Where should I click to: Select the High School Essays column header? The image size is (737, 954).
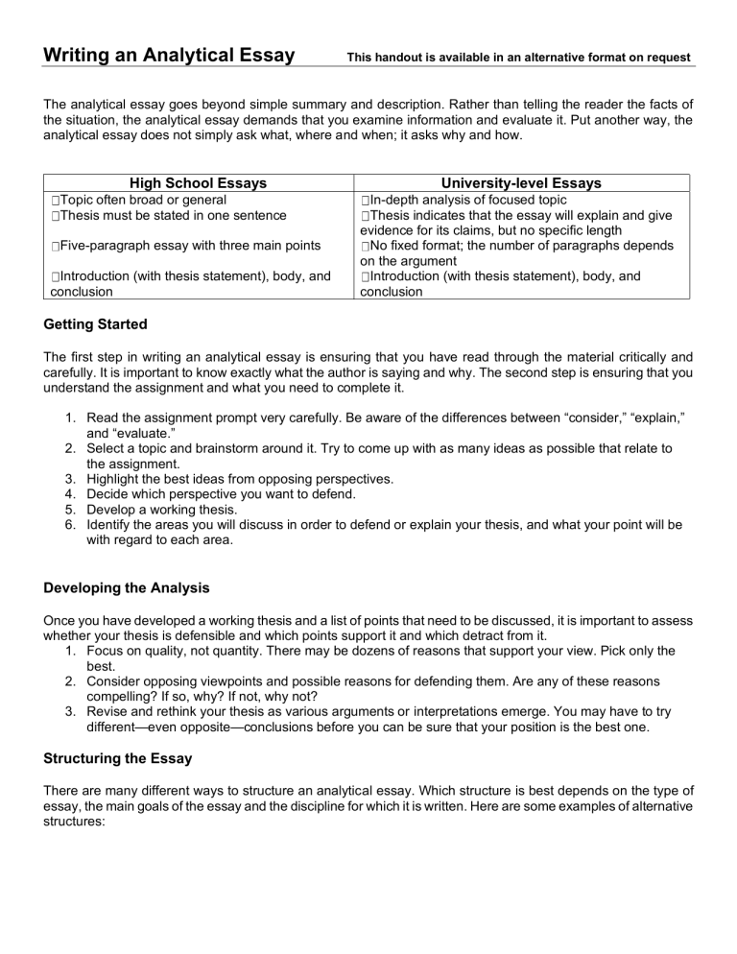[199, 182]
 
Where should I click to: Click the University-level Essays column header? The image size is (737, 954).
[522, 182]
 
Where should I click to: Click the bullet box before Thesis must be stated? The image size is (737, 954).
[59, 216]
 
